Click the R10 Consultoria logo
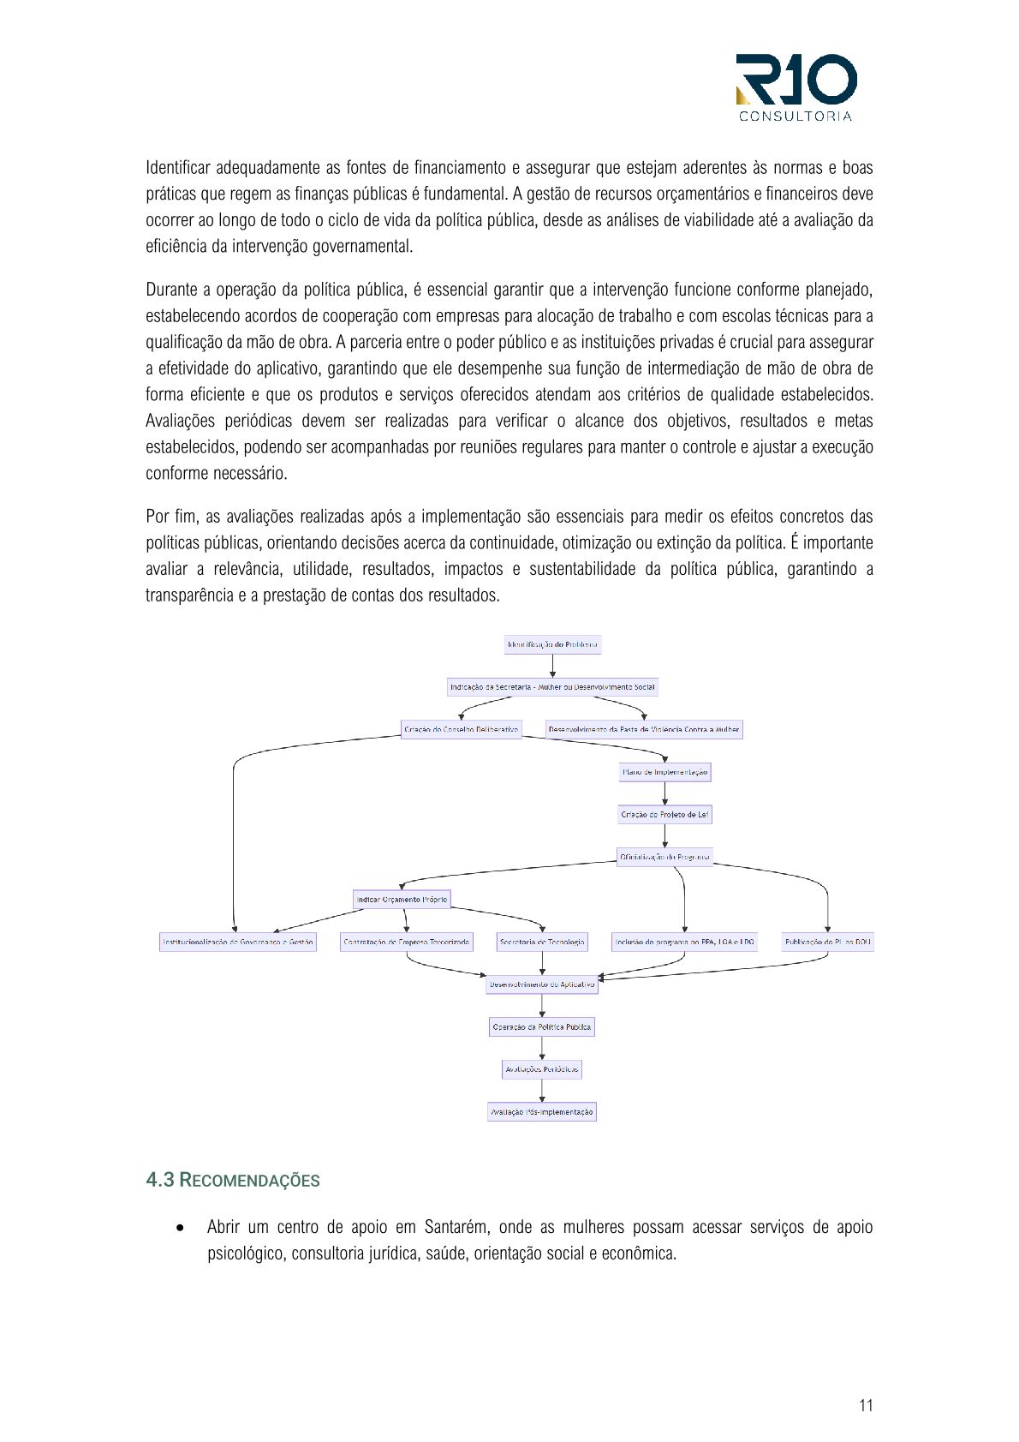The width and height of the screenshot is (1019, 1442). pos(796,87)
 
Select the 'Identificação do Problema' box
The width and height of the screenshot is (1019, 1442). pos(552,644)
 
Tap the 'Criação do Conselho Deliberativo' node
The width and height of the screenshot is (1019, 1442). pos(461,729)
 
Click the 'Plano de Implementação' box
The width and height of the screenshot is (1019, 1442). pos(664,772)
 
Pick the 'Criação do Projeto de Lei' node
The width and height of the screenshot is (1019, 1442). pos(664,814)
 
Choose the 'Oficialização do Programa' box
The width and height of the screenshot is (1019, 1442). pos(664,857)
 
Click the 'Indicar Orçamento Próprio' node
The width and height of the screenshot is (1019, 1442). pos(402,900)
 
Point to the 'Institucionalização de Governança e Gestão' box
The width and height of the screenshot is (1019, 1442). pos(238,942)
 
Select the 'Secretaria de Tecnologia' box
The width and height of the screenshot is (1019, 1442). pos(542,942)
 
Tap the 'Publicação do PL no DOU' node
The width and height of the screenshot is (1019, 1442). pos(827,942)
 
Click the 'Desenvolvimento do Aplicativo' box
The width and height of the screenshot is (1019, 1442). pos(542,984)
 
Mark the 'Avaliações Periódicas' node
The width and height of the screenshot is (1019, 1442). pos(542,1069)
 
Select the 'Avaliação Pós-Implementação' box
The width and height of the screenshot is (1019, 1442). pos(542,1112)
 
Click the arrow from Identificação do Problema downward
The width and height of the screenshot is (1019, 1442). pos(552,666)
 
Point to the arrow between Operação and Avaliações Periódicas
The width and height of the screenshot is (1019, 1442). pos(542,1048)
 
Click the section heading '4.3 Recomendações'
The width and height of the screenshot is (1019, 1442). pos(233,1180)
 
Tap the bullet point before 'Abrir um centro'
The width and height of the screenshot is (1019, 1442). pos(180,1228)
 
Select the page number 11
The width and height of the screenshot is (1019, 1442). pos(866,1405)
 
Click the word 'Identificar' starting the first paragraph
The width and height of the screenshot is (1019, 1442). pos(176,167)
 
